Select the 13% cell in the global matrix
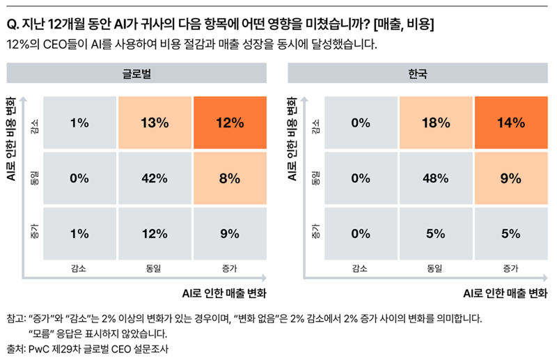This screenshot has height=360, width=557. [x=155, y=123]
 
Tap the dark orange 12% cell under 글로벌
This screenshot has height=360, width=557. [x=229, y=123]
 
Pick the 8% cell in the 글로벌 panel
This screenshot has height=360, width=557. [x=229, y=178]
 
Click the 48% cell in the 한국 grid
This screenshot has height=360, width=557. [x=436, y=178]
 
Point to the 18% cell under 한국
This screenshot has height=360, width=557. [x=436, y=123]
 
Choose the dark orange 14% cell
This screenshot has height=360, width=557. [x=511, y=123]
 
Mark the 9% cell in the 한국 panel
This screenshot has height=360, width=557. [x=511, y=178]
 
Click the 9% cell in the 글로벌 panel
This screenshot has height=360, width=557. [x=229, y=233]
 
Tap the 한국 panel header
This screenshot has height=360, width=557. [x=418, y=73]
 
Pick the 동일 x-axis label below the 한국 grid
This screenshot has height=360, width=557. [x=436, y=267]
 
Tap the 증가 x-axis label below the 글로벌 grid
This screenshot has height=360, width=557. [x=229, y=267]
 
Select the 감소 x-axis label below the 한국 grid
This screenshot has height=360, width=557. [x=361, y=267]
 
